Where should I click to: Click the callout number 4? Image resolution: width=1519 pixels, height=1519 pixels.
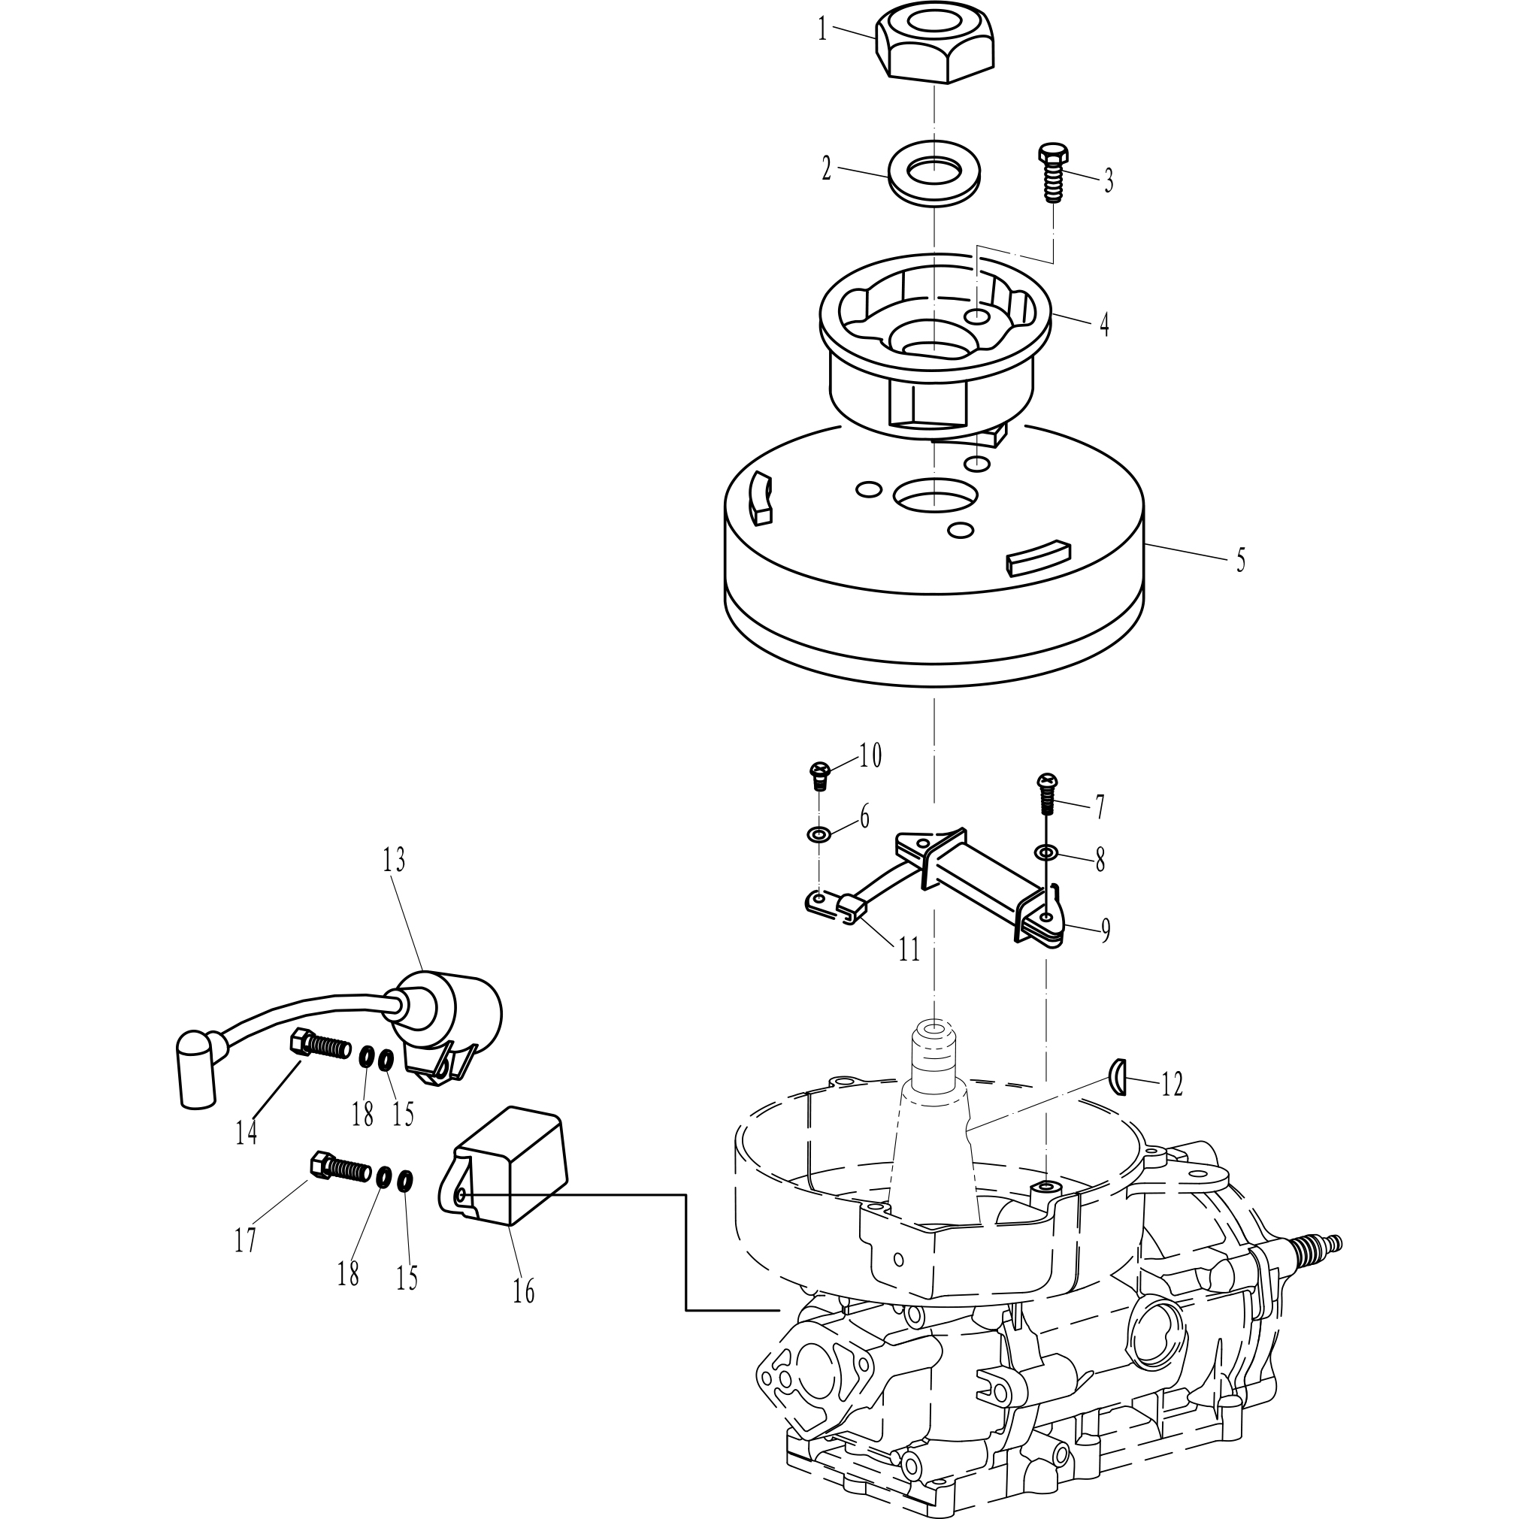[x=1104, y=324]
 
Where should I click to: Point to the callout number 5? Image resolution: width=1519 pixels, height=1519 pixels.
[x=1240, y=560]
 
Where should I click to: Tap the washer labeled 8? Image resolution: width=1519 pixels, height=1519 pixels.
[x=1046, y=852]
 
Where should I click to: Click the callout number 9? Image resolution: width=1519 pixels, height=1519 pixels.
[x=1105, y=931]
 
